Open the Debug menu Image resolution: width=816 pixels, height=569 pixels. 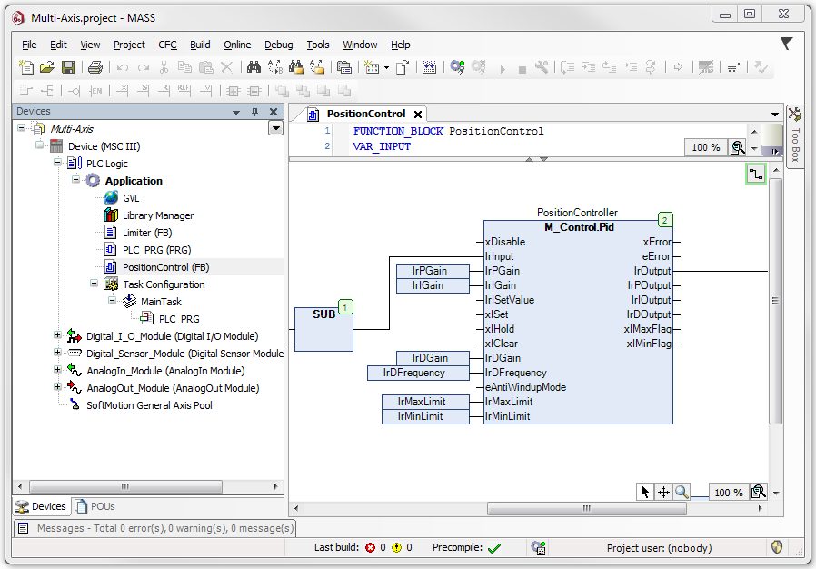(278, 45)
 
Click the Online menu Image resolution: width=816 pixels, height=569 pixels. (237, 45)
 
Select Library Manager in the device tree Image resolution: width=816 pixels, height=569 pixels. (158, 215)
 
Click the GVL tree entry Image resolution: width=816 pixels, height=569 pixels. (131, 198)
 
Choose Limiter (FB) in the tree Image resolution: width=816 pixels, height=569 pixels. (147, 233)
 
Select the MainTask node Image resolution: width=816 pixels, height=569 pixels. (161, 302)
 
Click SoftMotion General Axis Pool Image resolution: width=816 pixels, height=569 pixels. (149, 405)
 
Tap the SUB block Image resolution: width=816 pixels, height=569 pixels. (323, 329)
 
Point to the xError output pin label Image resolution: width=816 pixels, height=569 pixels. (657, 242)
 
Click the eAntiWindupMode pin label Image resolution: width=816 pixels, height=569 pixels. (525, 387)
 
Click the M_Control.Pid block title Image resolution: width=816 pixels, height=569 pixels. (579, 227)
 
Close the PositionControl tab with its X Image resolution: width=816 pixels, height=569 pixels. (417, 115)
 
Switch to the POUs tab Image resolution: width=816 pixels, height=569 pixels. (95, 506)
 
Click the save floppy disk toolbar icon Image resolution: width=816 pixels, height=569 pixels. (68, 67)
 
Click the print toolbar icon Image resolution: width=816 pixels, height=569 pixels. (95, 67)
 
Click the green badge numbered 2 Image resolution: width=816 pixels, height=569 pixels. (664, 220)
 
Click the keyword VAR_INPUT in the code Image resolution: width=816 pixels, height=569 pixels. (382, 147)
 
